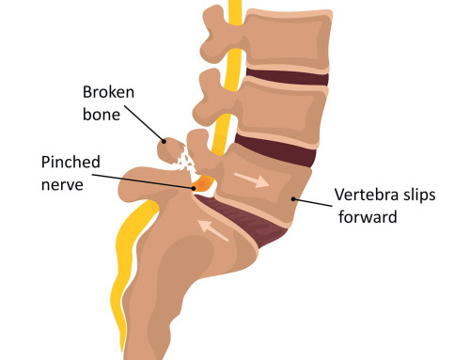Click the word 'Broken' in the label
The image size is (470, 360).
click(x=110, y=92)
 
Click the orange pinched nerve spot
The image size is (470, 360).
click(x=200, y=186)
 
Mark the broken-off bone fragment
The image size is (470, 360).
click(x=169, y=149)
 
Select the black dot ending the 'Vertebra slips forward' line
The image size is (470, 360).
click(x=296, y=197)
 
